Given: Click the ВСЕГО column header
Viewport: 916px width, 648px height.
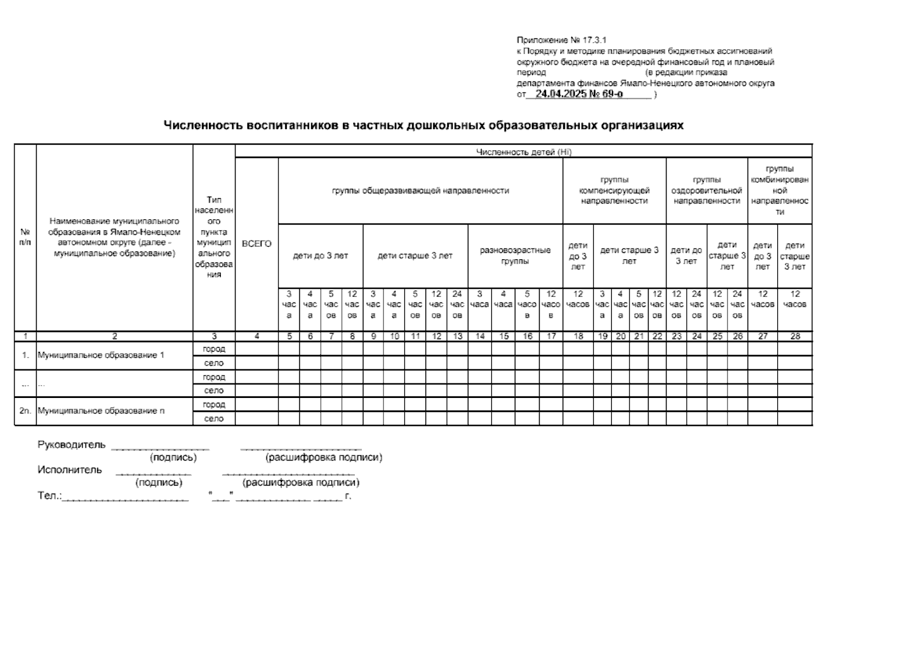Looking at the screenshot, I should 257,244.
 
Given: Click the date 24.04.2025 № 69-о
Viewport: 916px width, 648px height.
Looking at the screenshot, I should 579,93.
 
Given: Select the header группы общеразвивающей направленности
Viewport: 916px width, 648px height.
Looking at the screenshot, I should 420,191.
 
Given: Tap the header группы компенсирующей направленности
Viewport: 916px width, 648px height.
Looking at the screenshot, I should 614,191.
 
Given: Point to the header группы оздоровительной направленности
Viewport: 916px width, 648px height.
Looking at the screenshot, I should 706,191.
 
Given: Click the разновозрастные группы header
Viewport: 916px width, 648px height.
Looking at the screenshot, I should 515,256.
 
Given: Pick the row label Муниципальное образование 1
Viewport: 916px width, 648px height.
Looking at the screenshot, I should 100,356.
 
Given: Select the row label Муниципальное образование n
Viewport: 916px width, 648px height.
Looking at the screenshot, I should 101,411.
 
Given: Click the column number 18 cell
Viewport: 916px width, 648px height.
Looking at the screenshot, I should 578,336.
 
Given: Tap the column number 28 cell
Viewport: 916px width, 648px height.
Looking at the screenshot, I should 794,336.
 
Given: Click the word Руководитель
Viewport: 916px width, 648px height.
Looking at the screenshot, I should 72,445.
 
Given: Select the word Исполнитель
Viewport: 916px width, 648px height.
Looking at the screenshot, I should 70,470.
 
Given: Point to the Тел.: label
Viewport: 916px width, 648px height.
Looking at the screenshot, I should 50,496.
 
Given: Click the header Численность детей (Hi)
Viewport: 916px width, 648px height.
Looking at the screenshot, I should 523,152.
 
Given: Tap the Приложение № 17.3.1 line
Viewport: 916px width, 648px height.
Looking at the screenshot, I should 562,40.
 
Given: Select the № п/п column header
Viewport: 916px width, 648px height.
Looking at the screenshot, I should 25,238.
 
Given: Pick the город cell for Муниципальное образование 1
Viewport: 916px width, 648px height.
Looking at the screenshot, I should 214,349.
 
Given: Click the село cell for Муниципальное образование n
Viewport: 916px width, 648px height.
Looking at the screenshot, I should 214,418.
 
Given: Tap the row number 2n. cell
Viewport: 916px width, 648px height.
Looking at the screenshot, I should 25,411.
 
